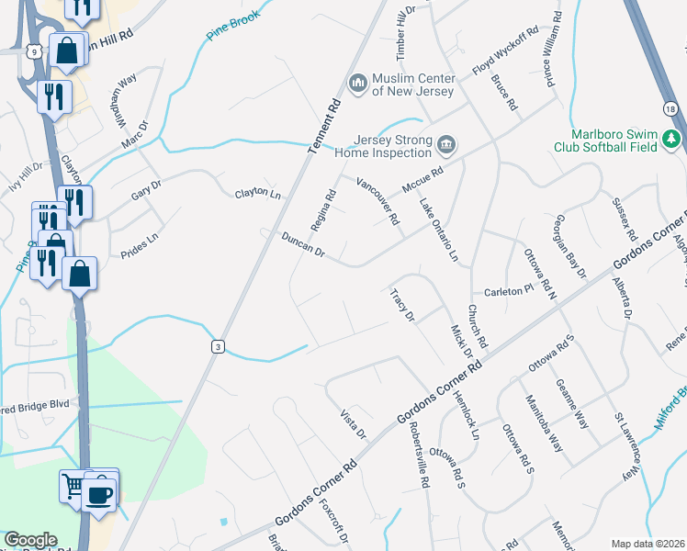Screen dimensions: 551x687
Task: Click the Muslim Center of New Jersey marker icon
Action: coord(357,84)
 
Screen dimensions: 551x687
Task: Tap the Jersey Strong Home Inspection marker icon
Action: coord(446,145)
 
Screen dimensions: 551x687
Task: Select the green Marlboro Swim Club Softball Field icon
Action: coord(673,139)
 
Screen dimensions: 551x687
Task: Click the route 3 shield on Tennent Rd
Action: coord(217,345)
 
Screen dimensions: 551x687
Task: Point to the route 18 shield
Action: coord(673,109)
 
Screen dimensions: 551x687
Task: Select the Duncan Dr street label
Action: coord(302,243)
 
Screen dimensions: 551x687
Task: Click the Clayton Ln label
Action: coord(257,194)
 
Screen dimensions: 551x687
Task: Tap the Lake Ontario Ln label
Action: coord(438,231)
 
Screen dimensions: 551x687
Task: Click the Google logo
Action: coord(30,540)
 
